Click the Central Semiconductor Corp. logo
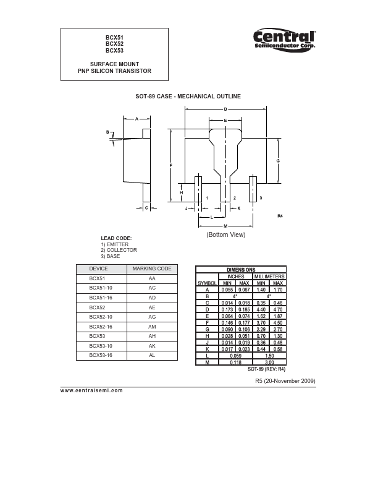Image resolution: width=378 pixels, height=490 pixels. [285, 40]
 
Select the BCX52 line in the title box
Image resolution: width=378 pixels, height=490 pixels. [114, 44]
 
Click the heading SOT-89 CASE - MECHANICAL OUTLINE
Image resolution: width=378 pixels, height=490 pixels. [188, 97]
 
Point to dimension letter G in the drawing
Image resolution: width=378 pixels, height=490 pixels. [278, 160]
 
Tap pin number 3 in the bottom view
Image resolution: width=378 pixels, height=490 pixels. [261, 197]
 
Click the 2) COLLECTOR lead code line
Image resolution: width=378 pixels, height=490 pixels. [119, 250]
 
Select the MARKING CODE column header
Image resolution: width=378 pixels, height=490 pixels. [152, 269]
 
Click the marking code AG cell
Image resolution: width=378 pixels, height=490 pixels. [152, 317]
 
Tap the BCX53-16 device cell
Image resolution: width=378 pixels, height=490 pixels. [101, 355]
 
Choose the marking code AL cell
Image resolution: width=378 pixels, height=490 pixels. [152, 355]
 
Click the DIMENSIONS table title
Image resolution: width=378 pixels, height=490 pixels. [240, 270]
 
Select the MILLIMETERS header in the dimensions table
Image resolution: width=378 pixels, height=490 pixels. [269, 277]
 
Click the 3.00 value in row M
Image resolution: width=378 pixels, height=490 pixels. [269, 362]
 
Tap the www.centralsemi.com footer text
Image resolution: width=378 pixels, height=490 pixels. [92, 390]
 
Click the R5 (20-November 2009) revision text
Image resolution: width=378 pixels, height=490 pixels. [285, 381]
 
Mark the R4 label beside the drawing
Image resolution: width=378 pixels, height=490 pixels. [279, 216]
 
